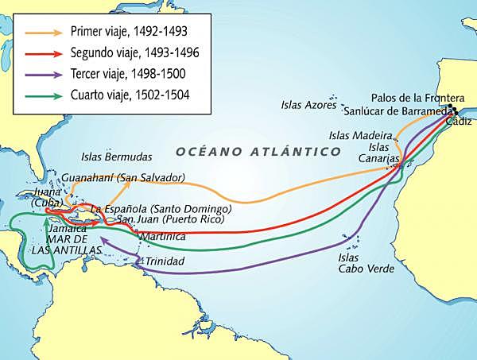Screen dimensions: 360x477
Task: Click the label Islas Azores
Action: tap(309, 105)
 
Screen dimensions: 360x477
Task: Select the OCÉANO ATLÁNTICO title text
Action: tap(258, 150)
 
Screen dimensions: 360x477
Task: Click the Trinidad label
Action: tap(165, 261)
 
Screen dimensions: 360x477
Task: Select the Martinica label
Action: tap(162, 236)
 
